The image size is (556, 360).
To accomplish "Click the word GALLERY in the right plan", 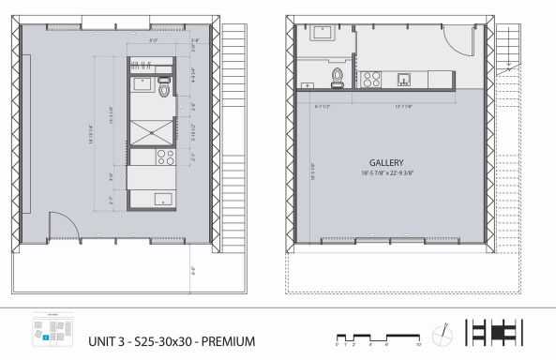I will tap(386, 162).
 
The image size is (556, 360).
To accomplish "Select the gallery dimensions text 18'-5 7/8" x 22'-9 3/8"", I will tap(386, 173).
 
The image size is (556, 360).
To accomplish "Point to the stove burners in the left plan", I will tap(164, 157).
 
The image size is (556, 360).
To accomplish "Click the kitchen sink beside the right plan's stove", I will tap(404, 78).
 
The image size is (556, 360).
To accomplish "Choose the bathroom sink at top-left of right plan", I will tap(324, 33).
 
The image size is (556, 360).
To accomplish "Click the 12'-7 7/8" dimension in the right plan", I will tap(404, 106).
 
